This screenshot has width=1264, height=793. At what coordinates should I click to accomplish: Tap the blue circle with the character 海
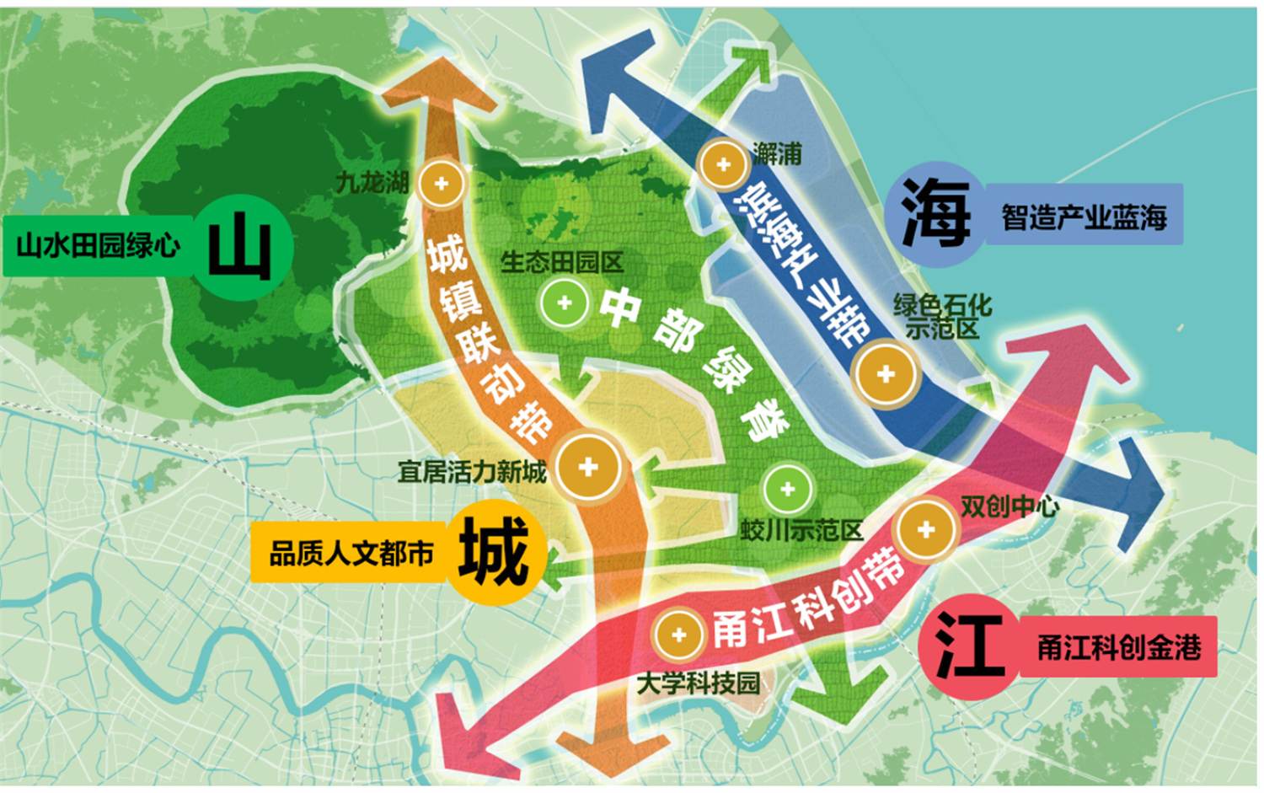[x=936, y=213]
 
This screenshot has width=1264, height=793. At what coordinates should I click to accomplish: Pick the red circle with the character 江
[x=970, y=646]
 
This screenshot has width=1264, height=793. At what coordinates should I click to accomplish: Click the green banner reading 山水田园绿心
[x=99, y=246]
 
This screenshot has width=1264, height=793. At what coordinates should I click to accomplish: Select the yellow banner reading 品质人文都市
[x=350, y=554]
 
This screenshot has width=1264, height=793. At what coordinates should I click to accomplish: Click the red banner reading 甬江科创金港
[x=1118, y=647]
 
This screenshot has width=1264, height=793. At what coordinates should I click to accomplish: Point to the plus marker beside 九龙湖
[x=442, y=183]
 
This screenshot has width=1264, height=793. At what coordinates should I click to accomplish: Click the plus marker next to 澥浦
[x=723, y=163]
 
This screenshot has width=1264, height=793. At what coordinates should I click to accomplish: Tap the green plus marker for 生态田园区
[x=565, y=303]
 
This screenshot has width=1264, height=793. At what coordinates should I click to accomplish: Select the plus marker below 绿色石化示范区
[x=885, y=374]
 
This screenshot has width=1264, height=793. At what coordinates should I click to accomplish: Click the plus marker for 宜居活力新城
[x=588, y=466]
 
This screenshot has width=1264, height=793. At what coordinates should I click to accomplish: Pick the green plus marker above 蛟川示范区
[x=788, y=489]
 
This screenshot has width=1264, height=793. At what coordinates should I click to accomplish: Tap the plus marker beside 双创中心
[x=926, y=530]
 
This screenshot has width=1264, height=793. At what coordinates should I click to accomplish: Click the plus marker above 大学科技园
[x=678, y=635]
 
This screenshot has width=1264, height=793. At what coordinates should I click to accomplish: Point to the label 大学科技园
[x=698, y=683]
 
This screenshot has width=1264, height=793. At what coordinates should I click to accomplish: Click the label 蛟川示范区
[x=801, y=530]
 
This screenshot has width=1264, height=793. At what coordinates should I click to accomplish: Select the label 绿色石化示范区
[x=942, y=316]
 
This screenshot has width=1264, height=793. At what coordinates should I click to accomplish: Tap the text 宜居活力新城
[x=472, y=472]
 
